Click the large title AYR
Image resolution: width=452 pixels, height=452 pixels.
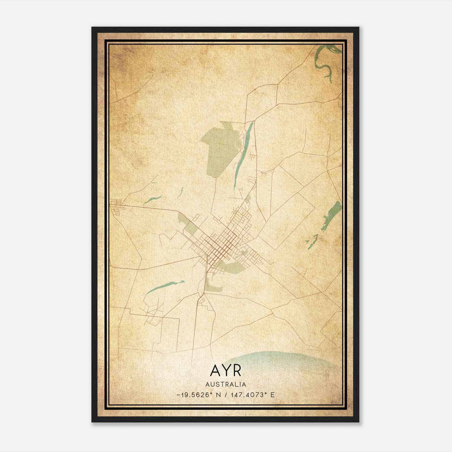coord(226,371)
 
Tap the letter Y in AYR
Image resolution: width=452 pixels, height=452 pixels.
coord(226,371)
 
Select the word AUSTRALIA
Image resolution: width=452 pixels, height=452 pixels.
coord(226,384)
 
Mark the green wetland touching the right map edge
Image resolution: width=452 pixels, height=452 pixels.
coord(333,212)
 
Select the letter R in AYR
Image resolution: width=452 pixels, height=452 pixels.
coord(237,371)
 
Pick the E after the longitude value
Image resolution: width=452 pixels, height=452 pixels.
coord(272,395)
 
